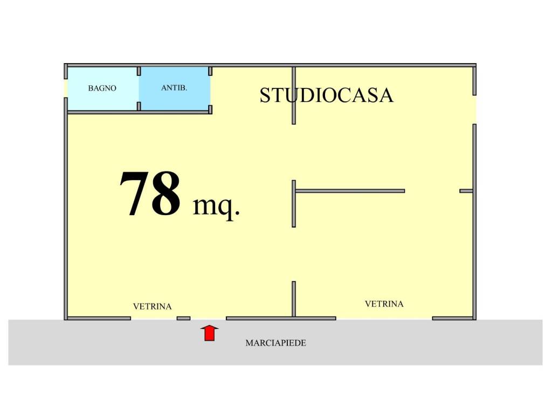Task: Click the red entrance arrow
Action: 210,333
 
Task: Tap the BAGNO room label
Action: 102,88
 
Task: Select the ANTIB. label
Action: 174,88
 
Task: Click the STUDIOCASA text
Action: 326,95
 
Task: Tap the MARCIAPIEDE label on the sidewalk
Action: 275,343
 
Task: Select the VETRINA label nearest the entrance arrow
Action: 153,307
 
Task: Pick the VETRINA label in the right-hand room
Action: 384,304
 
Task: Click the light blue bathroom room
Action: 102,89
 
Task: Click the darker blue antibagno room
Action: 175,89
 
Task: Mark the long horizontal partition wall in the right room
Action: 350,191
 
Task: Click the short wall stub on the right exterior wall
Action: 466,191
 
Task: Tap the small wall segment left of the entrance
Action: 183,319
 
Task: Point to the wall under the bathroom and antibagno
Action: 139,112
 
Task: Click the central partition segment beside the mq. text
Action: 294,204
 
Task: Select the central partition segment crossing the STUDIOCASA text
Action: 294,95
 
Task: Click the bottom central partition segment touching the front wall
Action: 294,299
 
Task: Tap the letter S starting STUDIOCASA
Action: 265,95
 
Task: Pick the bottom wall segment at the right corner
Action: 453,319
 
